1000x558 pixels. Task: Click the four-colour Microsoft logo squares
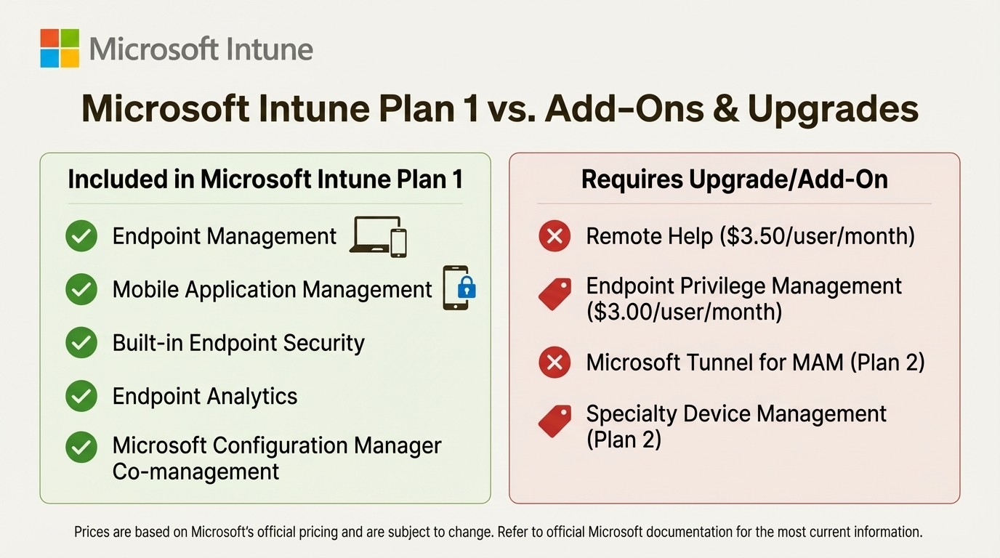coord(60,48)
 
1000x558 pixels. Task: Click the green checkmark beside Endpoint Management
coord(81,236)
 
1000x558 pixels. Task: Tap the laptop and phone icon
coord(378,236)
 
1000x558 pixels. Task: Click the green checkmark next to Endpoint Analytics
coord(81,396)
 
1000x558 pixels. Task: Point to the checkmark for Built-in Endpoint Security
coord(81,343)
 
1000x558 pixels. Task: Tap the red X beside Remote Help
coord(554,236)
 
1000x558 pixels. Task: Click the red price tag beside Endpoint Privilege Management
coord(554,295)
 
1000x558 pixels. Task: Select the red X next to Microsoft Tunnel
coord(554,362)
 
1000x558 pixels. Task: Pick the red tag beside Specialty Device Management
coord(554,422)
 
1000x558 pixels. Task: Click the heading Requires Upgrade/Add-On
coord(734,179)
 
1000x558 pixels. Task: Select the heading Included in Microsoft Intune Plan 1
coord(265,179)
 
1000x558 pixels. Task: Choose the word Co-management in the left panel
coord(195,472)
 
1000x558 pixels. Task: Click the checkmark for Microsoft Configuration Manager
coord(81,448)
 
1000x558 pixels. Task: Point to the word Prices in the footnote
coord(92,532)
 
